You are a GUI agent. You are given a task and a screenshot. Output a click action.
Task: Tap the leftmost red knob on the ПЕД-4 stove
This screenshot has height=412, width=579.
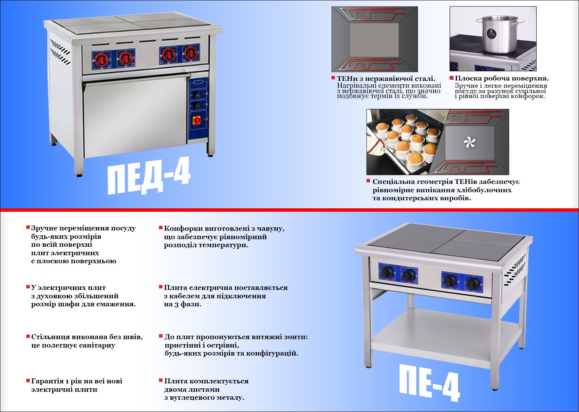[x=101, y=60]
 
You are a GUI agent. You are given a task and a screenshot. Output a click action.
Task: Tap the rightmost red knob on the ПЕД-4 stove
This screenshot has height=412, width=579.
[x=190, y=53]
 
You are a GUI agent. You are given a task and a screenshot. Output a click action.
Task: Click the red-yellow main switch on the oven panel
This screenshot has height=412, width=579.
[x=198, y=121]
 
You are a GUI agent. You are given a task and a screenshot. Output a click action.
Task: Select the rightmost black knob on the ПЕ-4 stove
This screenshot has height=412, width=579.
[x=474, y=283]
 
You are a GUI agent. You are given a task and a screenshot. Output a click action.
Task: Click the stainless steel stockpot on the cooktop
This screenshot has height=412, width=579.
[x=499, y=35]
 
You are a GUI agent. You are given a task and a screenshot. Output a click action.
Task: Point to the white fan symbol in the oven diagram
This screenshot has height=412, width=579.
[x=469, y=143]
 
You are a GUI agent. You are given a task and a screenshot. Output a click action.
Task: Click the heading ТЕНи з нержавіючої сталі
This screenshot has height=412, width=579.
[x=386, y=79]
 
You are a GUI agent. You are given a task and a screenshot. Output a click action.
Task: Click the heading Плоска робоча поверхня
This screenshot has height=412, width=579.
[x=502, y=79]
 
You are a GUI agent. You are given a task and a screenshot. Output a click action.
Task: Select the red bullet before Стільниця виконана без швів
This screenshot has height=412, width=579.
[x=28, y=336]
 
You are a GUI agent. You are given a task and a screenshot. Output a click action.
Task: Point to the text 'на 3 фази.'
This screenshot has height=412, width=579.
[x=183, y=304]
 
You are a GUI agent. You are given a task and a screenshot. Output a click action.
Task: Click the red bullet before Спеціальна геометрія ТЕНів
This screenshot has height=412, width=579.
[x=368, y=181]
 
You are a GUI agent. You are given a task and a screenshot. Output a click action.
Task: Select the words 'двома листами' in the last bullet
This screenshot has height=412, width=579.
[x=192, y=389]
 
